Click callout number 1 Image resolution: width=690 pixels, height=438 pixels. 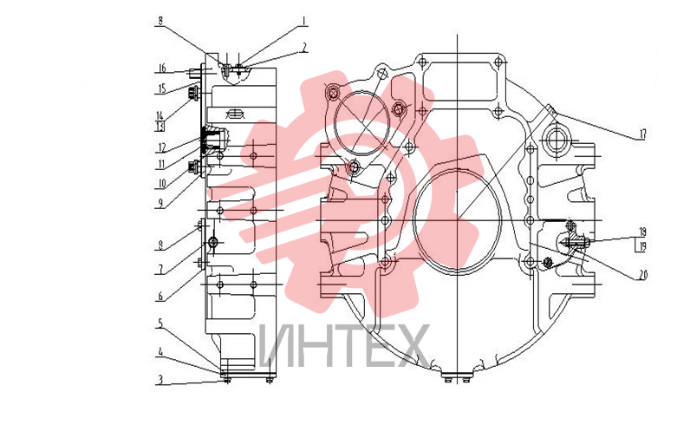(x=303, y=21)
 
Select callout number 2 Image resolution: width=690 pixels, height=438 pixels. (x=304, y=48)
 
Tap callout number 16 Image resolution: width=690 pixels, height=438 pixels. (x=162, y=68)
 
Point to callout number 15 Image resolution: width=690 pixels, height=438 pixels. (x=162, y=88)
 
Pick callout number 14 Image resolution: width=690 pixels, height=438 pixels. (x=159, y=115)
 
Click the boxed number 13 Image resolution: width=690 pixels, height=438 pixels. (x=160, y=127)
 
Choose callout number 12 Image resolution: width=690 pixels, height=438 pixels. (x=162, y=148)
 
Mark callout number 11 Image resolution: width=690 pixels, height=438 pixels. (x=161, y=165)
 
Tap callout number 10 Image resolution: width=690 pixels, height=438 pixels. (x=162, y=183)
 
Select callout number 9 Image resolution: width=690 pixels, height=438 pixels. (x=160, y=203)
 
